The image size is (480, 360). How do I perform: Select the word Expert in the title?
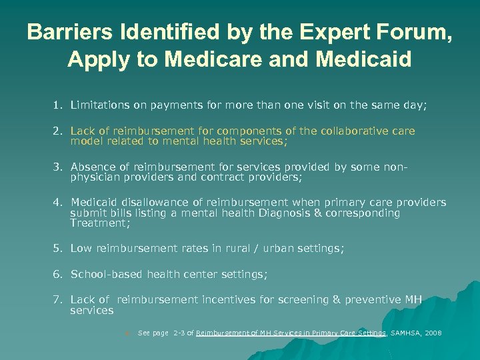point(324,32)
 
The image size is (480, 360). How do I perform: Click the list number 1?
point(58,105)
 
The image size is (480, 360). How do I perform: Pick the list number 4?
point(58,202)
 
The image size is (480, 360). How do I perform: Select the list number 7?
point(58,300)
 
